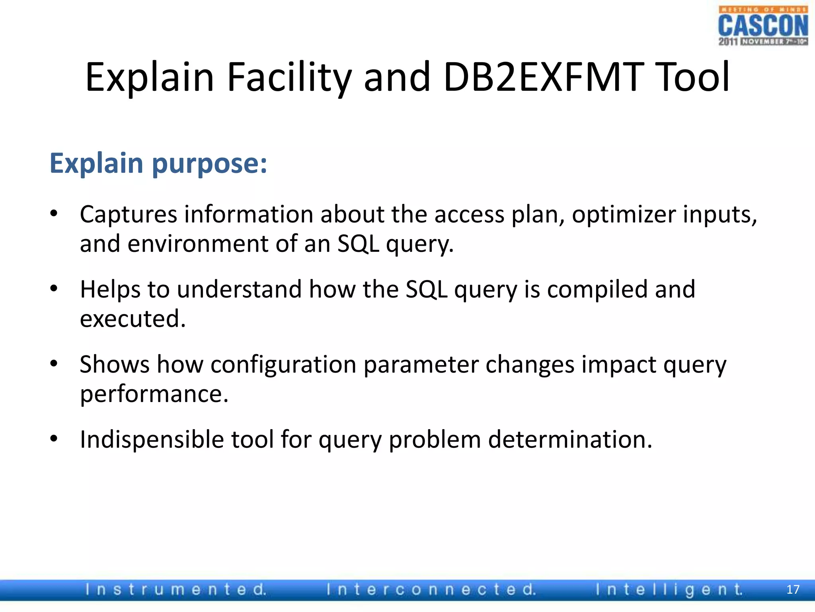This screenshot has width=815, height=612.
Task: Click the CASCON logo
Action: (763, 26)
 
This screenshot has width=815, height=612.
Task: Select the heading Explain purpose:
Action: (158, 163)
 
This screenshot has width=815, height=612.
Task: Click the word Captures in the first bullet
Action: (128, 215)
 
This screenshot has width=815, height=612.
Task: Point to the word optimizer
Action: (624, 215)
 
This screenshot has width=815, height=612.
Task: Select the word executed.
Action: (133, 319)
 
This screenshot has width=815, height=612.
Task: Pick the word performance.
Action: (154, 394)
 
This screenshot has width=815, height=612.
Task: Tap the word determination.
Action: (570, 439)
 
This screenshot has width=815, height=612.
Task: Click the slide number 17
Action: (793, 590)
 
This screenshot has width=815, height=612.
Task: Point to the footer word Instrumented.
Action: (175, 590)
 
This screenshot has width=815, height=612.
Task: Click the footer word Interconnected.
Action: (431, 590)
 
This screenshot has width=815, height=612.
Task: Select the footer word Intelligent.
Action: (669, 590)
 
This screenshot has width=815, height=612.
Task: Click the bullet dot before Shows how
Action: (54, 363)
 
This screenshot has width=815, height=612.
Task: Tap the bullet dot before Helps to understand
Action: (54, 288)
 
